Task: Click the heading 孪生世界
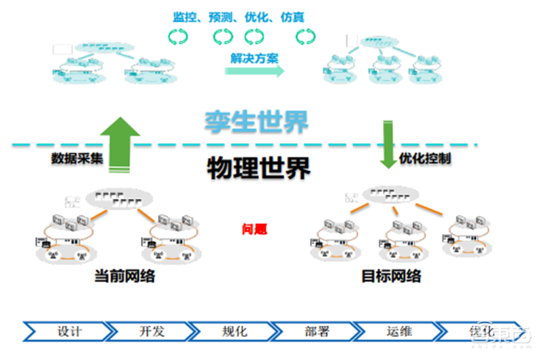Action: pos(257,122)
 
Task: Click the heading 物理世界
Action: pos(258,166)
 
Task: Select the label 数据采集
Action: pos(77,158)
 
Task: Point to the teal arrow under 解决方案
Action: pos(254,71)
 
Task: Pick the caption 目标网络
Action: pos(391,276)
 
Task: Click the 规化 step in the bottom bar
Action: pos(234,332)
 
